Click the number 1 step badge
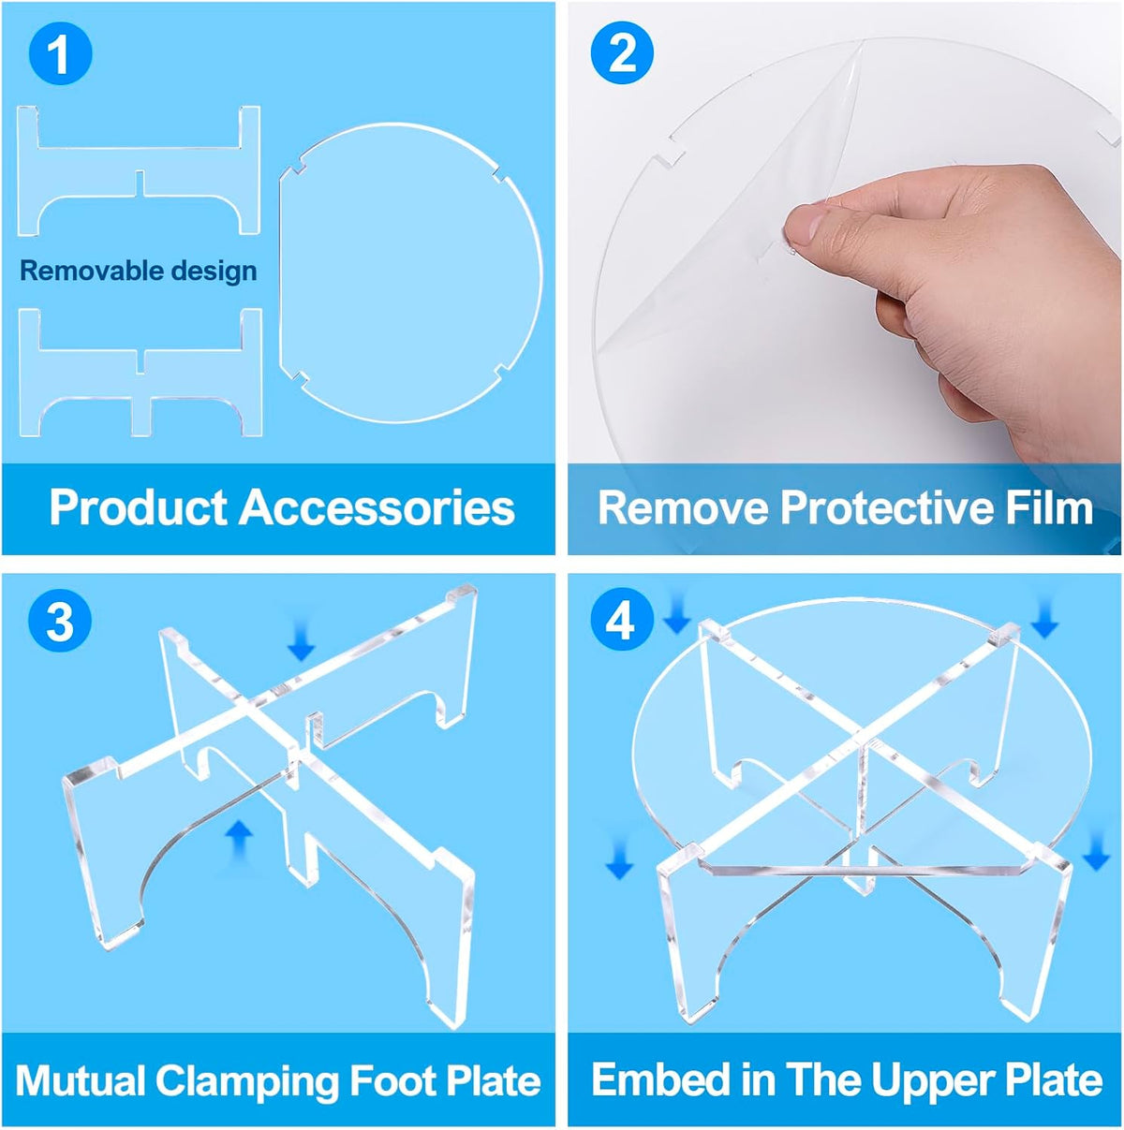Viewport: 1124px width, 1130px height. (x=61, y=54)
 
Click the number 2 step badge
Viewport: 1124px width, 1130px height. (x=622, y=54)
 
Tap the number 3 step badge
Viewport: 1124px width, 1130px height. (x=61, y=620)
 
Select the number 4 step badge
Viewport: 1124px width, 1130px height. (x=622, y=620)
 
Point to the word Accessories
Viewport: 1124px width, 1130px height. (x=377, y=507)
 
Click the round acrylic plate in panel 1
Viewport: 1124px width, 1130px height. (x=410, y=272)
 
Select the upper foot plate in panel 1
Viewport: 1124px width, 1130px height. (x=139, y=171)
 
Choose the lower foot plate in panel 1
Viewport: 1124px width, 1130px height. (x=140, y=373)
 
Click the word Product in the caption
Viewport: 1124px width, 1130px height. (x=139, y=507)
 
